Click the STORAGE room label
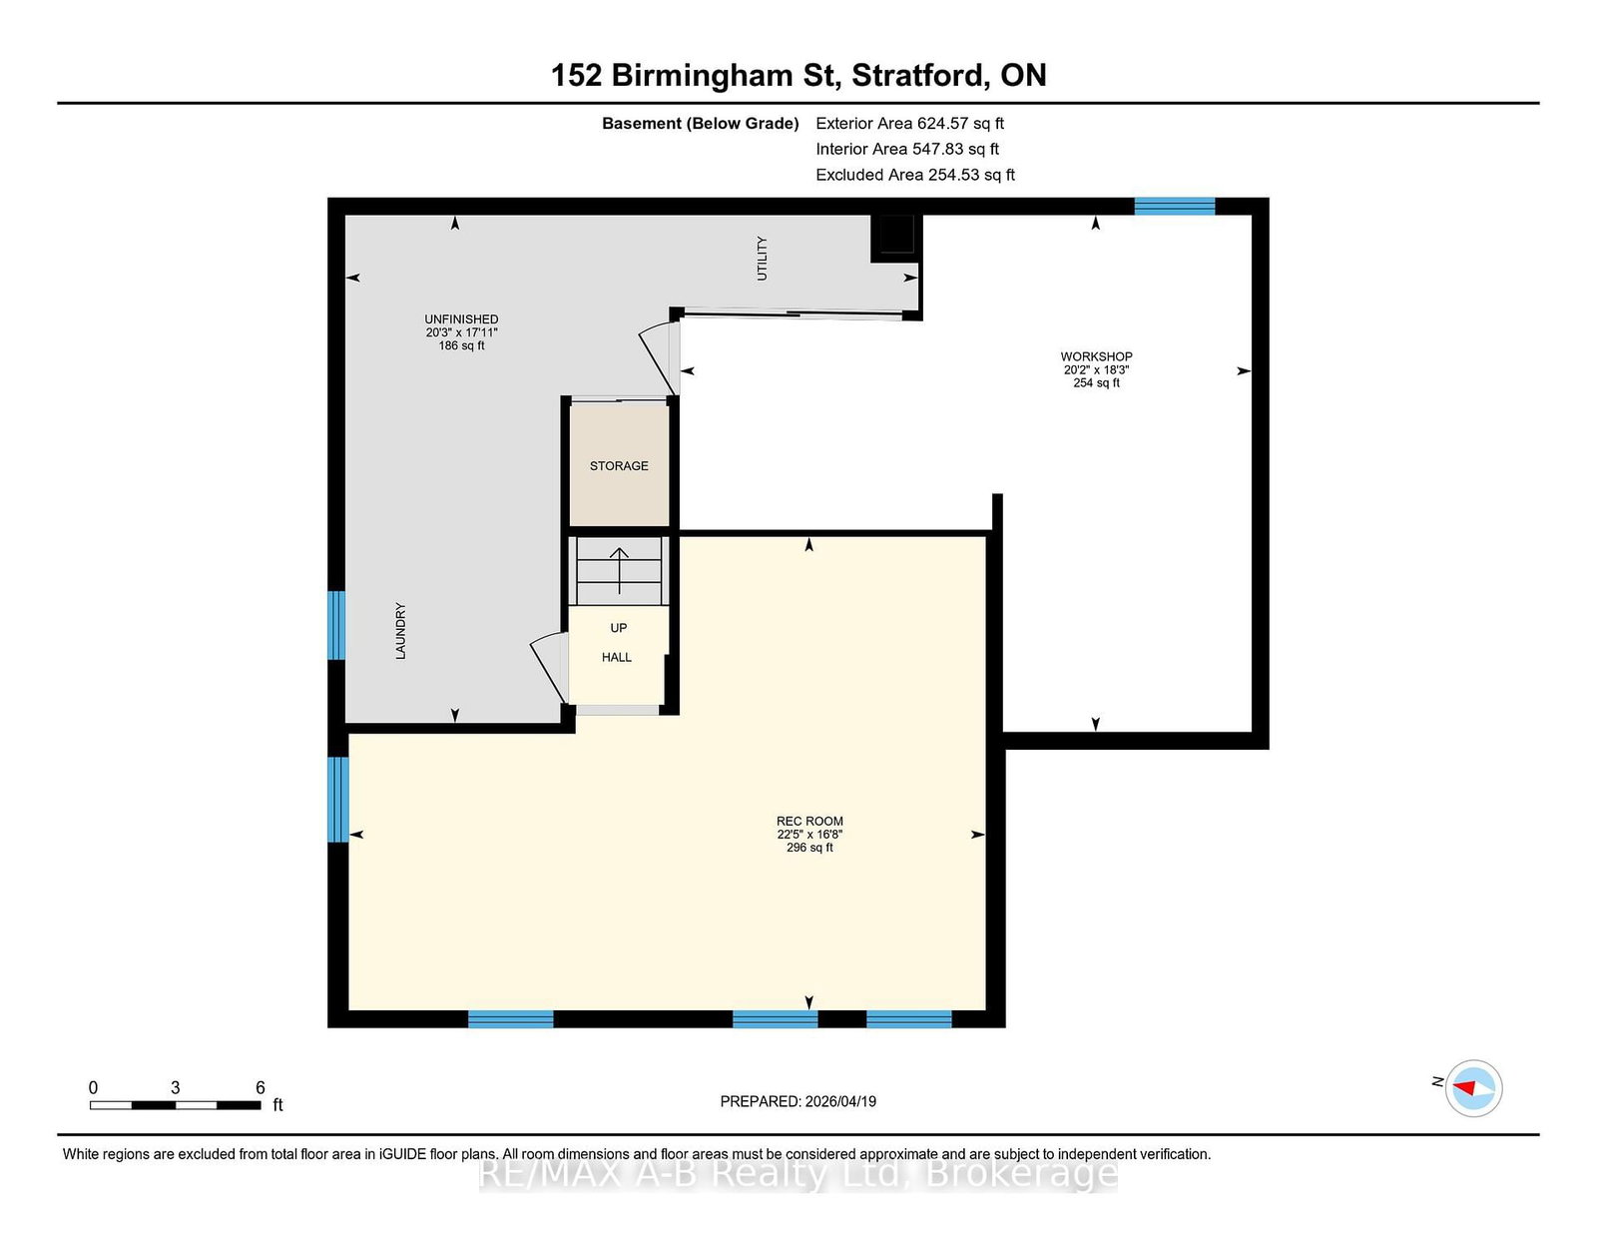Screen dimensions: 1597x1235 (x=619, y=466)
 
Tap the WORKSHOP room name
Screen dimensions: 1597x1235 (x=1096, y=356)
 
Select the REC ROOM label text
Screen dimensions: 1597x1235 (x=809, y=821)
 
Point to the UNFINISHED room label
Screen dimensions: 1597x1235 (x=461, y=319)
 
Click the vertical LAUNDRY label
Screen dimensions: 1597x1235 (x=400, y=631)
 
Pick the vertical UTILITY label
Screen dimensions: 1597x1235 (x=763, y=258)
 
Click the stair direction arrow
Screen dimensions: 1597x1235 (x=620, y=570)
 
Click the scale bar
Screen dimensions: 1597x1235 (x=176, y=1105)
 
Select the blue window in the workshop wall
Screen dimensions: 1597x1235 (x=1175, y=206)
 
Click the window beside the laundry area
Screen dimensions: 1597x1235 (x=335, y=626)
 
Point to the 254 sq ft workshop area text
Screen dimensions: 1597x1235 (x=1097, y=383)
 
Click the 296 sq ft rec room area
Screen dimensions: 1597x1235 (x=809, y=848)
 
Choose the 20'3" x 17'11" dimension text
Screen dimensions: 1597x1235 (x=461, y=332)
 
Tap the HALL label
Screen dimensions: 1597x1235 (x=617, y=657)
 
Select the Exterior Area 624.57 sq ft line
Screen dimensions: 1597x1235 (x=910, y=124)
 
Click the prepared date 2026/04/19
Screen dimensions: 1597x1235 (x=840, y=1101)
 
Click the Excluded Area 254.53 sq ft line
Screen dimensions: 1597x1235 (x=915, y=175)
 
